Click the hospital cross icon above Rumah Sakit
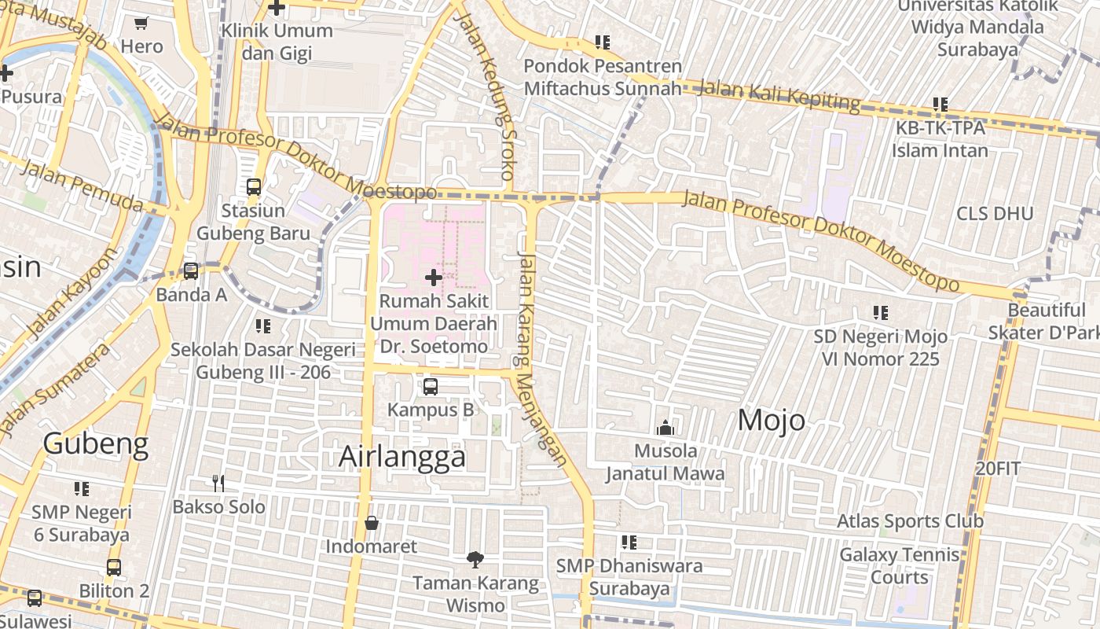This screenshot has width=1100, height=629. click(x=433, y=277)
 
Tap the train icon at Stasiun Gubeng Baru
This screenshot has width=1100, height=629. click(x=254, y=187)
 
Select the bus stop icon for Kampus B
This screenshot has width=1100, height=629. click(x=430, y=386)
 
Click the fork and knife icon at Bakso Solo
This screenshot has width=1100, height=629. click(x=218, y=484)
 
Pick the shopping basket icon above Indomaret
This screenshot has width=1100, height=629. click(x=372, y=523)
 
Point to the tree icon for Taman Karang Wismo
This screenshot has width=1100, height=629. click(x=475, y=560)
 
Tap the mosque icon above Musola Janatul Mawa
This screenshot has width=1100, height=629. click(x=665, y=428)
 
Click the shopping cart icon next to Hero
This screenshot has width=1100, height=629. click(x=141, y=24)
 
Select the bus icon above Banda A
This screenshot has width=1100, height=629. click(x=191, y=271)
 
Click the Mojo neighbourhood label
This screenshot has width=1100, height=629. click(x=771, y=421)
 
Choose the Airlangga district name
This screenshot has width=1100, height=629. click(x=402, y=457)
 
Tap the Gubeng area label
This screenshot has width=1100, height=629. click(x=95, y=444)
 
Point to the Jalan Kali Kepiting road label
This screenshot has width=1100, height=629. click(x=779, y=95)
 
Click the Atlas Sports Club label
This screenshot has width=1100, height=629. click(x=910, y=521)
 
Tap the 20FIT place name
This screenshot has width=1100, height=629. click(x=998, y=469)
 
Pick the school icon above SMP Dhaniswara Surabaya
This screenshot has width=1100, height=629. click(x=629, y=543)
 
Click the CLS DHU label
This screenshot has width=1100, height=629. click(x=995, y=214)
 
